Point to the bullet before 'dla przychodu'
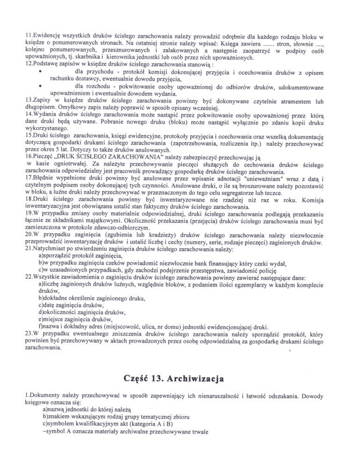pyautogui.click(x=41, y=73)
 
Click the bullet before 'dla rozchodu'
pyautogui.click(x=41, y=87)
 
